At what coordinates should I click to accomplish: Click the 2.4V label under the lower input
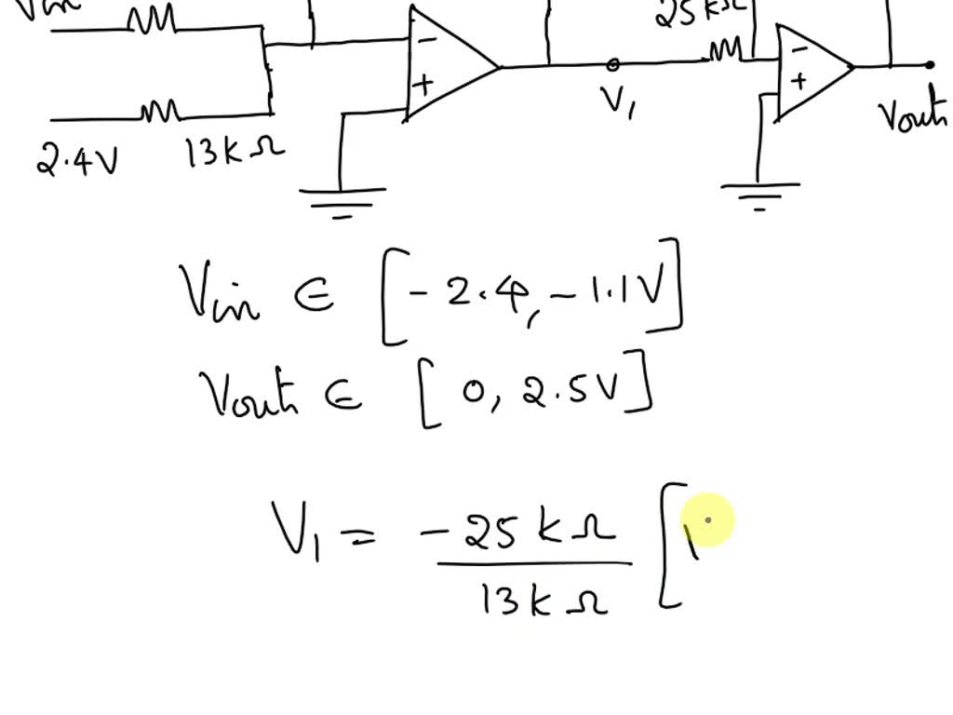coord(77,160)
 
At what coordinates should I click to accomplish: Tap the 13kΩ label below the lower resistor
coord(235,152)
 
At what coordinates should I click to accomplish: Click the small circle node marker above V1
coord(612,64)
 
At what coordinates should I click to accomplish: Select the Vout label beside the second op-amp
coord(913,115)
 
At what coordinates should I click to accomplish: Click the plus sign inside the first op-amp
coord(423,85)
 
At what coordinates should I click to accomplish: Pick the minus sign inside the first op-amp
coord(426,41)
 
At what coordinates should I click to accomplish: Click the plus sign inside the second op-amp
coord(798,81)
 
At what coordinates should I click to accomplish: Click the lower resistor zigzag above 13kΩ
coord(159,112)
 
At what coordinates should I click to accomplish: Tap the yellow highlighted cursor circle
coord(709,521)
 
